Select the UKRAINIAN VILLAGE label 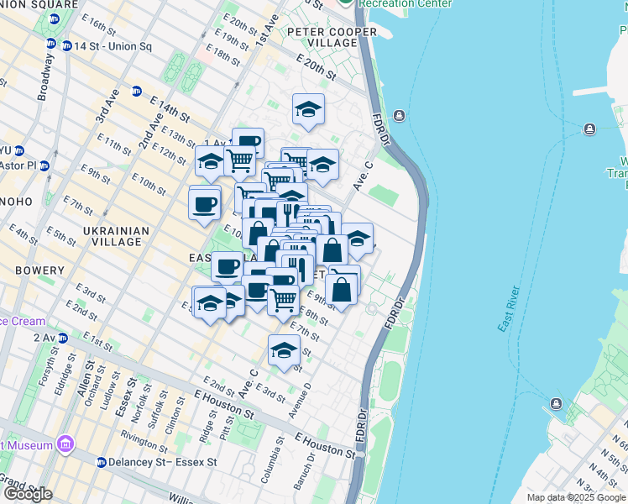[x=118, y=236]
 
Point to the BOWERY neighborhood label [x=39, y=270]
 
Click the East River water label [x=510, y=309]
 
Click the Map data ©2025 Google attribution [x=576, y=497]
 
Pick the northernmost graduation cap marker [x=308, y=109]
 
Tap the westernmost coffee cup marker [x=205, y=202]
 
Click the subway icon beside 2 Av [x=61, y=337]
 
